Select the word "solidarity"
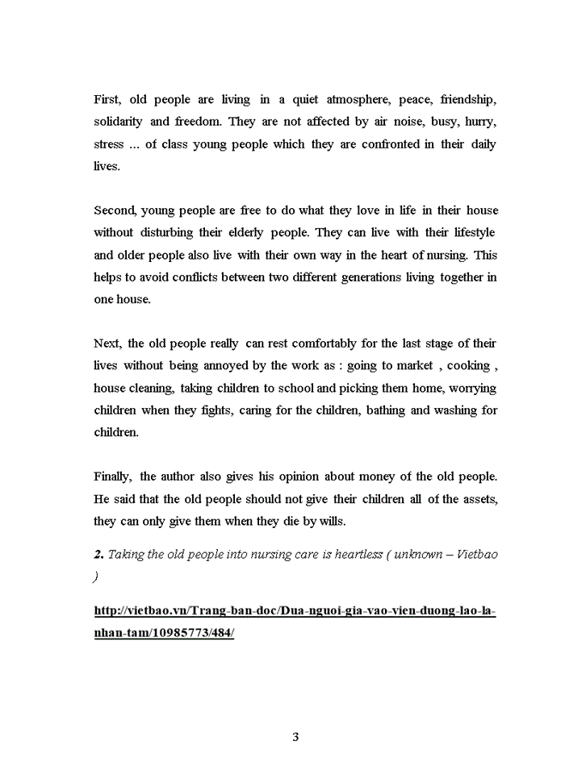(x=118, y=122)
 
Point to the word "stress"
(x=109, y=144)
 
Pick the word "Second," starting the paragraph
(x=115, y=210)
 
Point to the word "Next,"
(x=107, y=343)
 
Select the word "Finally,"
(x=112, y=476)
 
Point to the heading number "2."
(x=98, y=556)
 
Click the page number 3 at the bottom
(x=295, y=737)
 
